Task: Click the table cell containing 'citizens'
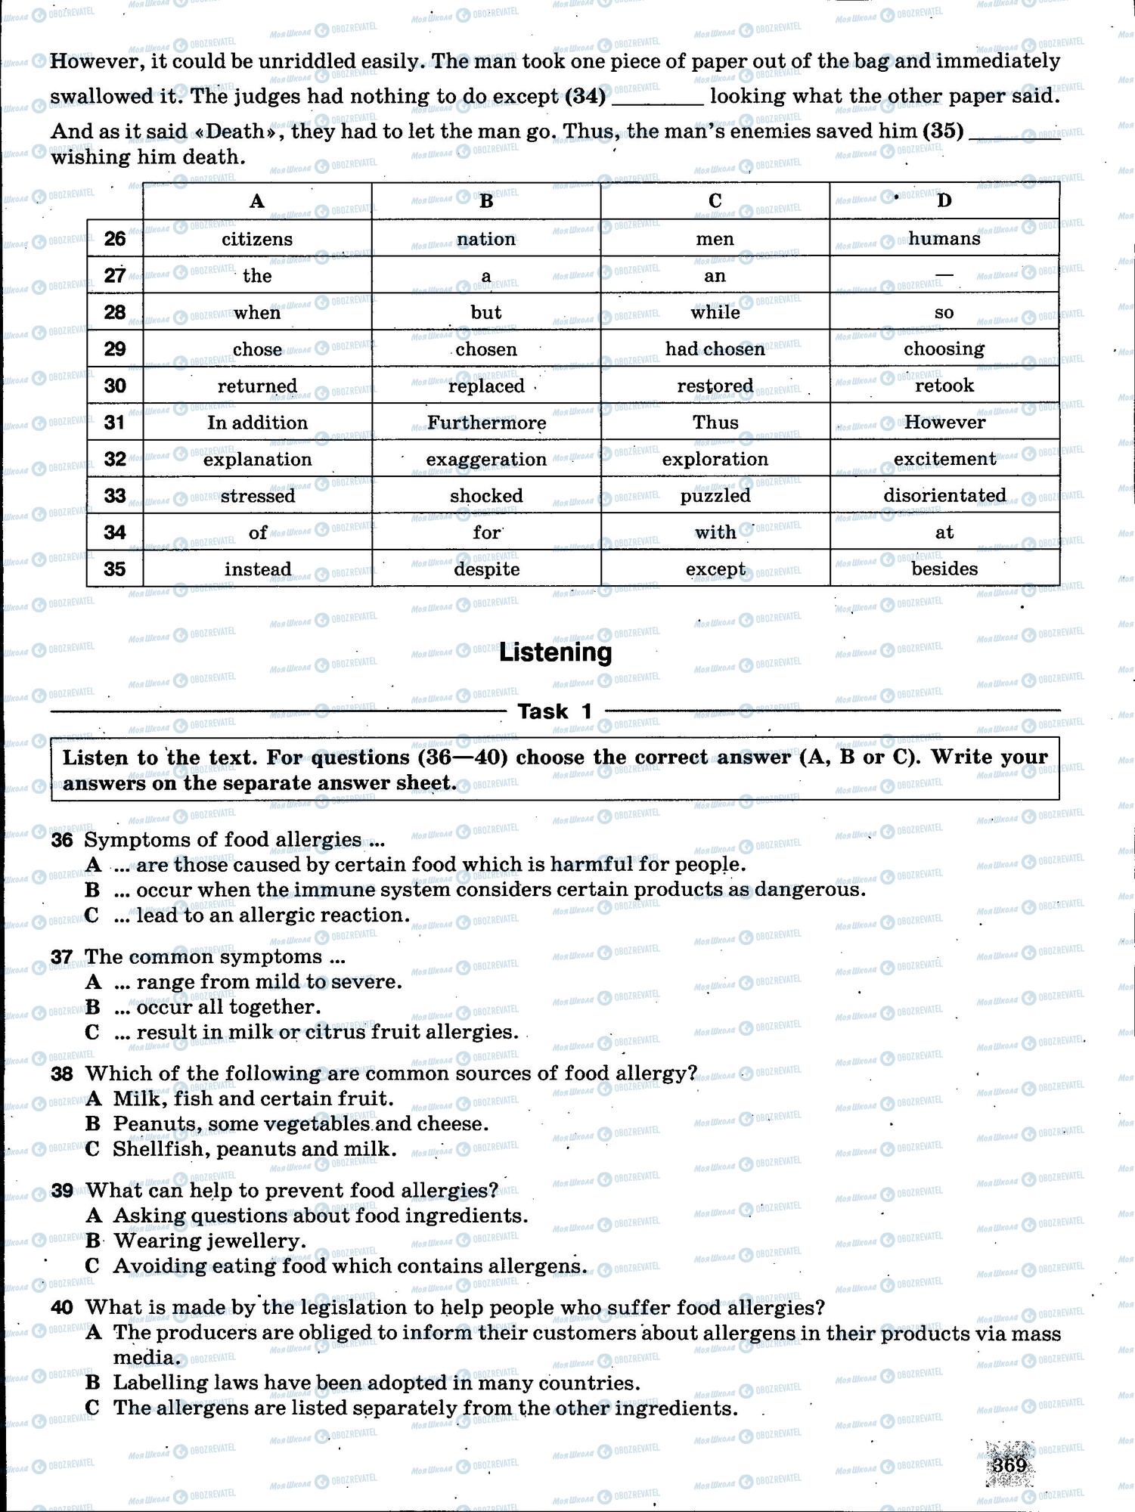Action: (x=257, y=239)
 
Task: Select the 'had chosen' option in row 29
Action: (x=715, y=349)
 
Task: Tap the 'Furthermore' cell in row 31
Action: (x=486, y=423)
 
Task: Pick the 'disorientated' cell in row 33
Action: (x=944, y=496)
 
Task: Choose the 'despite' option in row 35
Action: (x=486, y=569)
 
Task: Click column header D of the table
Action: (x=944, y=201)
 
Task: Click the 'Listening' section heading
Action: (x=555, y=652)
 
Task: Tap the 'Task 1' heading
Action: (x=554, y=711)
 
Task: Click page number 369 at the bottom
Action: (x=1010, y=1465)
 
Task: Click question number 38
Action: (x=62, y=1074)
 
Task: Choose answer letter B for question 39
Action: (x=93, y=1241)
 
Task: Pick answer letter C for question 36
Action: (x=92, y=916)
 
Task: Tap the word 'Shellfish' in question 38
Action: (x=151, y=1149)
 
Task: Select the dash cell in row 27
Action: (x=944, y=276)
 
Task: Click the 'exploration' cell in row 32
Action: (x=715, y=460)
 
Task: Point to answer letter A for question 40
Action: (x=94, y=1332)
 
